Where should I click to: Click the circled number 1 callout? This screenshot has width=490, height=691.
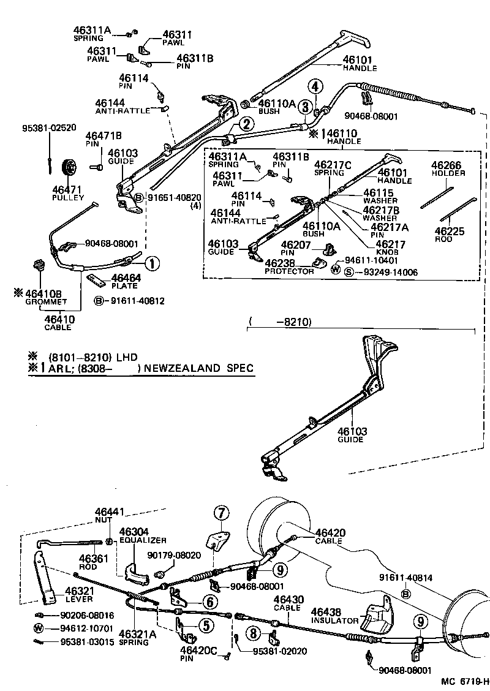[151, 265]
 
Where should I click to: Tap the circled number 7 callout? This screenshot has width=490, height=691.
[221, 512]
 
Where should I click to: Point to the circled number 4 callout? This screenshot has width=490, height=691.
[314, 87]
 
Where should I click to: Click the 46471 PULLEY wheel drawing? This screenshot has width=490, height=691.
[69, 167]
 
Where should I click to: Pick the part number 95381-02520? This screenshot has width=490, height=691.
[49, 128]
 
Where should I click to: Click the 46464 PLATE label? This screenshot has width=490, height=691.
[125, 281]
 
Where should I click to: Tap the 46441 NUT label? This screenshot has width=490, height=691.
[108, 515]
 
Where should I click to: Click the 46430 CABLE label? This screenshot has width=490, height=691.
[287, 603]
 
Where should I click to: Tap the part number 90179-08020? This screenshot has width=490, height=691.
[174, 555]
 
